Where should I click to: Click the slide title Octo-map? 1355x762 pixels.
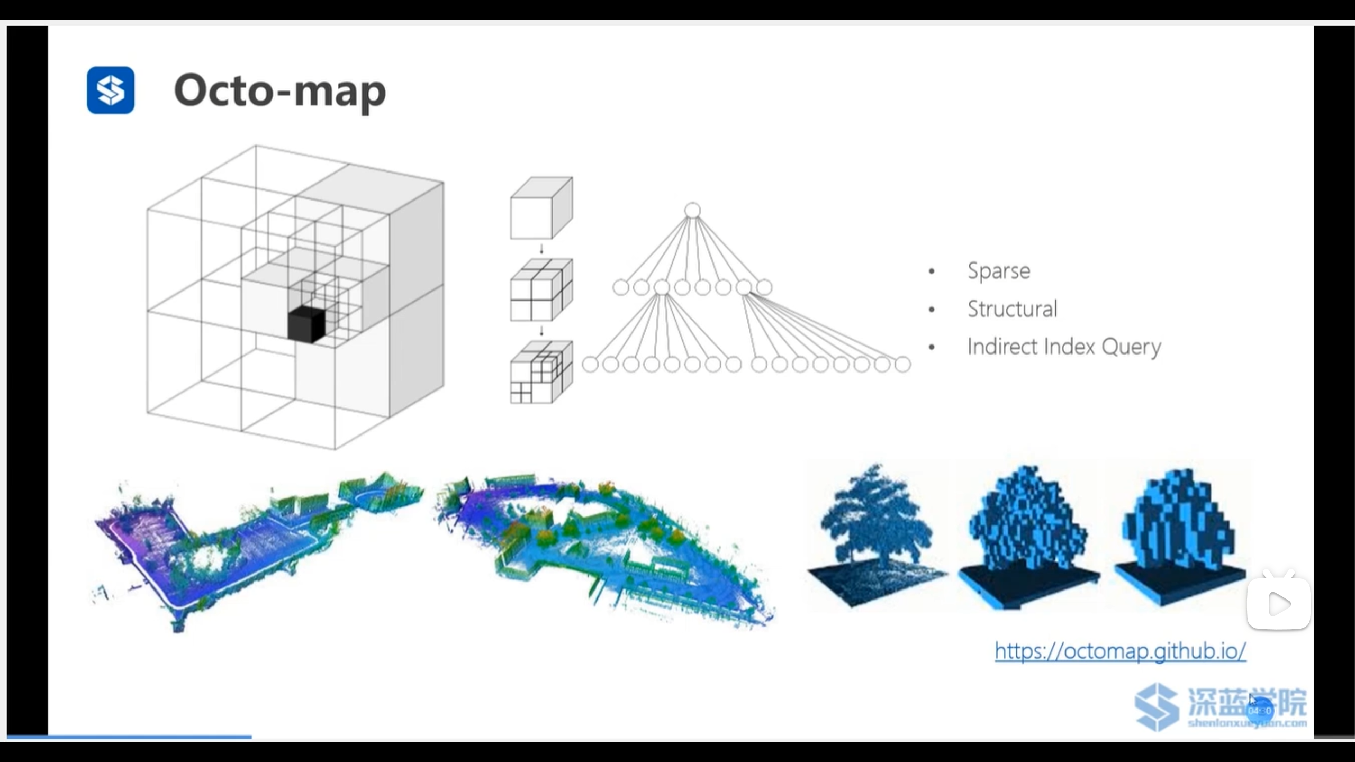pyautogui.click(x=279, y=91)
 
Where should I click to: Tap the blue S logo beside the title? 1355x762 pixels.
pyautogui.click(x=111, y=90)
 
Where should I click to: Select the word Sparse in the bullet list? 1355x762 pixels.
pyautogui.click(x=999, y=271)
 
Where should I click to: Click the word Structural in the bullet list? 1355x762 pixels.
pyautogui.click(x=1012, y=309)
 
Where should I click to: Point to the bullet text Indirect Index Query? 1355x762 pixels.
pyautogui.click(x=1064, y=347)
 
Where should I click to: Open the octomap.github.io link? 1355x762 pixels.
pyautogui.click(x=1120, y=651)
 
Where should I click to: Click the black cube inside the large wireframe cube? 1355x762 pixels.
pyautogui.click(x=306, y=324)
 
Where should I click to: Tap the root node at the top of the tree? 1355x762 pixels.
pyautogui.click(x=692, y=211)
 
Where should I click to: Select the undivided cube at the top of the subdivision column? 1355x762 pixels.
pyautogui.click(x=541, y=208)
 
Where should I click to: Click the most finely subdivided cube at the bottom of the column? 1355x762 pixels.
pyautogui.click(x=541, y=373)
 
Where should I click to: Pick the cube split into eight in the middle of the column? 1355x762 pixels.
pyautogui.click(x=541, y=290)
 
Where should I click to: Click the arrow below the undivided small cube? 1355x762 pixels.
pyautogui.click(x=541, y=249)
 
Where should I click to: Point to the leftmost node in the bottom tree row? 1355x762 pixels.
pyautogui.click(x=590, y=364)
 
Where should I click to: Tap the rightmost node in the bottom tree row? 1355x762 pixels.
pyautogui.click(x=902, y=364)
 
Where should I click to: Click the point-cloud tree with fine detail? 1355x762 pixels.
pyautogui.click(x=877, y=534)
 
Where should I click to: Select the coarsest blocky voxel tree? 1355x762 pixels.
pyautogui.click(x=1180, y=534)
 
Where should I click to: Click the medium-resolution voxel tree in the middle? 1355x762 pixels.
pyautogui.click(x=1028, y=534)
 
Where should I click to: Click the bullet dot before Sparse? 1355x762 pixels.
pyautogui.click(x=932, y=271)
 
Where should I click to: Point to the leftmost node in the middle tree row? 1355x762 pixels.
pyautogui.click(x=620, y=287)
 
